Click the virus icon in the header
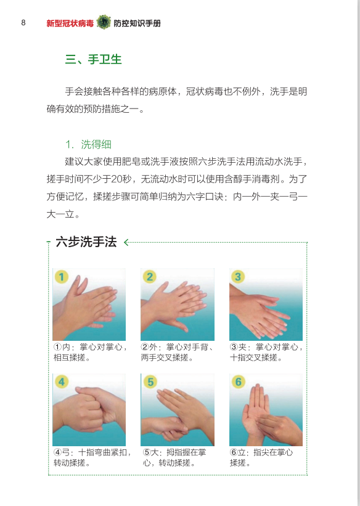pos(104,23)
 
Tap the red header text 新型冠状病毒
pos(70,23)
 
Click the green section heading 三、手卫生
pos(93,60)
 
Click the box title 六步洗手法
pos(86,242)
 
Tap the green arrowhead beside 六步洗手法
pos(126,242)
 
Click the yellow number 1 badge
pos(62,277)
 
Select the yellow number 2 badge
pos(150,277)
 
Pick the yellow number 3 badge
pos(239,277)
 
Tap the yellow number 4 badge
pos(62,382)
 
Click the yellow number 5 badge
pos(150,382)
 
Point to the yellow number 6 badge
pos(239,382)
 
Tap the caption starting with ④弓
pos(91,457)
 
